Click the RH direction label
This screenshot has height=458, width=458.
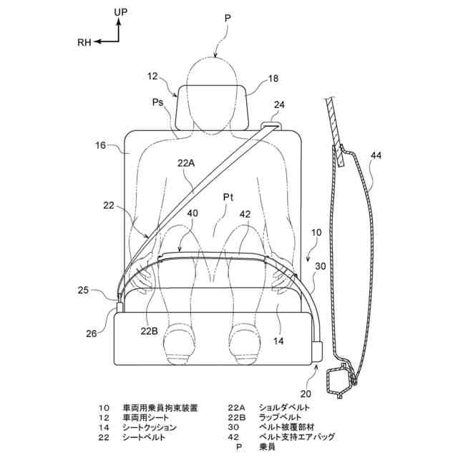(x=84, y=43)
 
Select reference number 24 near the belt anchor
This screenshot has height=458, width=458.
(x=278, y=104)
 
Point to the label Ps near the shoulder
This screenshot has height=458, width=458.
(x=159, y=103)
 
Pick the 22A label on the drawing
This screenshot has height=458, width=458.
(x=186, y=163)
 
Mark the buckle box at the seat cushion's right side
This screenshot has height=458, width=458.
(x=317, y=352)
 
